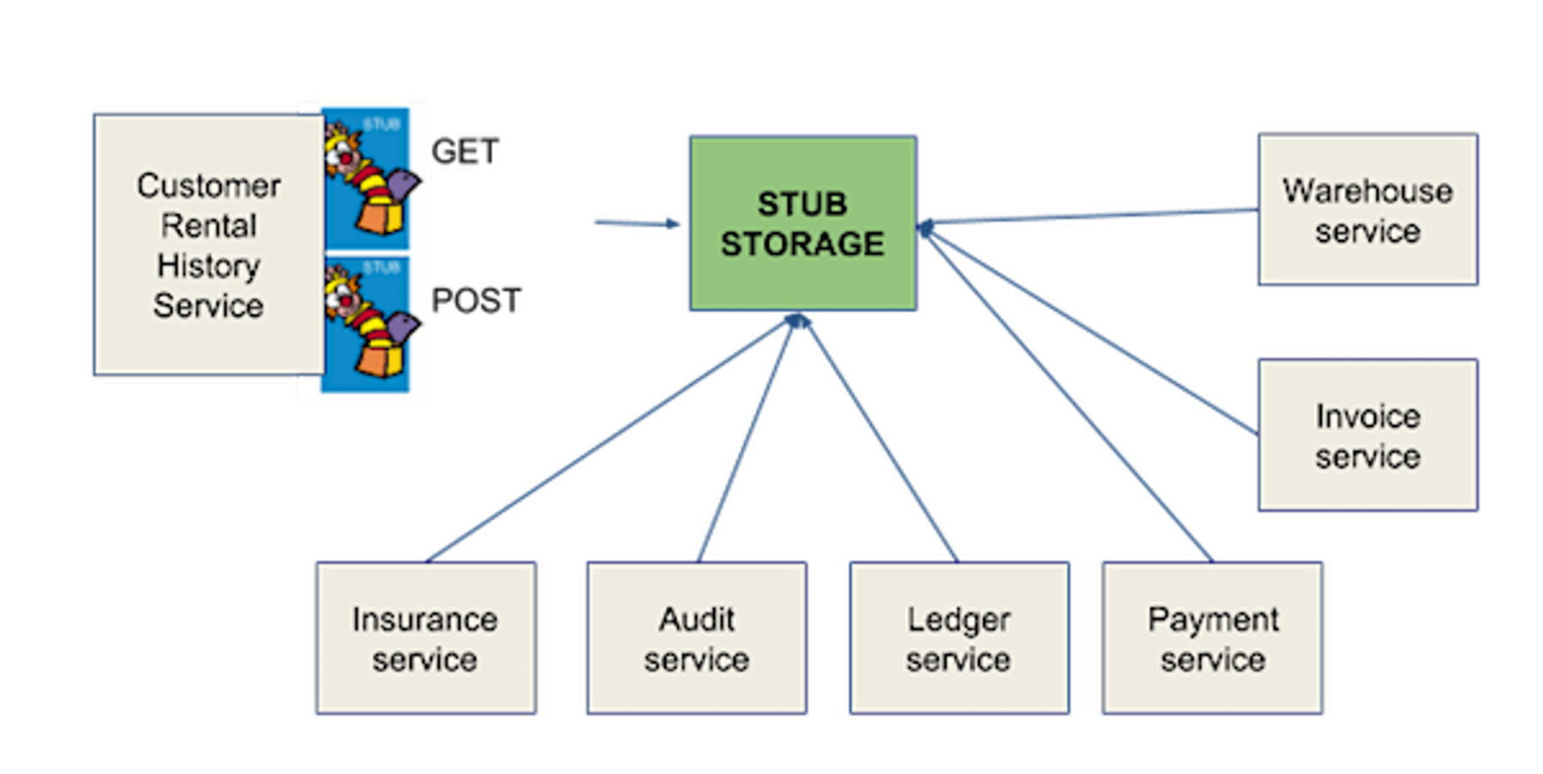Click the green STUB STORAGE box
[802, 223]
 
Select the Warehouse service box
[1367, 209]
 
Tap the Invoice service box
[1367, 435]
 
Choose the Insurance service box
[425, 638]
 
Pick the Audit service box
[696, 638]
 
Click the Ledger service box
[958, 638]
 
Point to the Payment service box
[1212, 638]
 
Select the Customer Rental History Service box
[208, 245]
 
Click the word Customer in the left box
[208, 186]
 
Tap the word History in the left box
[208, 266]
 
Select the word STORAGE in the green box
[802, 244]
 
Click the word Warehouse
[1367, 191]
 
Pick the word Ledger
[958, 620]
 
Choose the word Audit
[696, 620]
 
